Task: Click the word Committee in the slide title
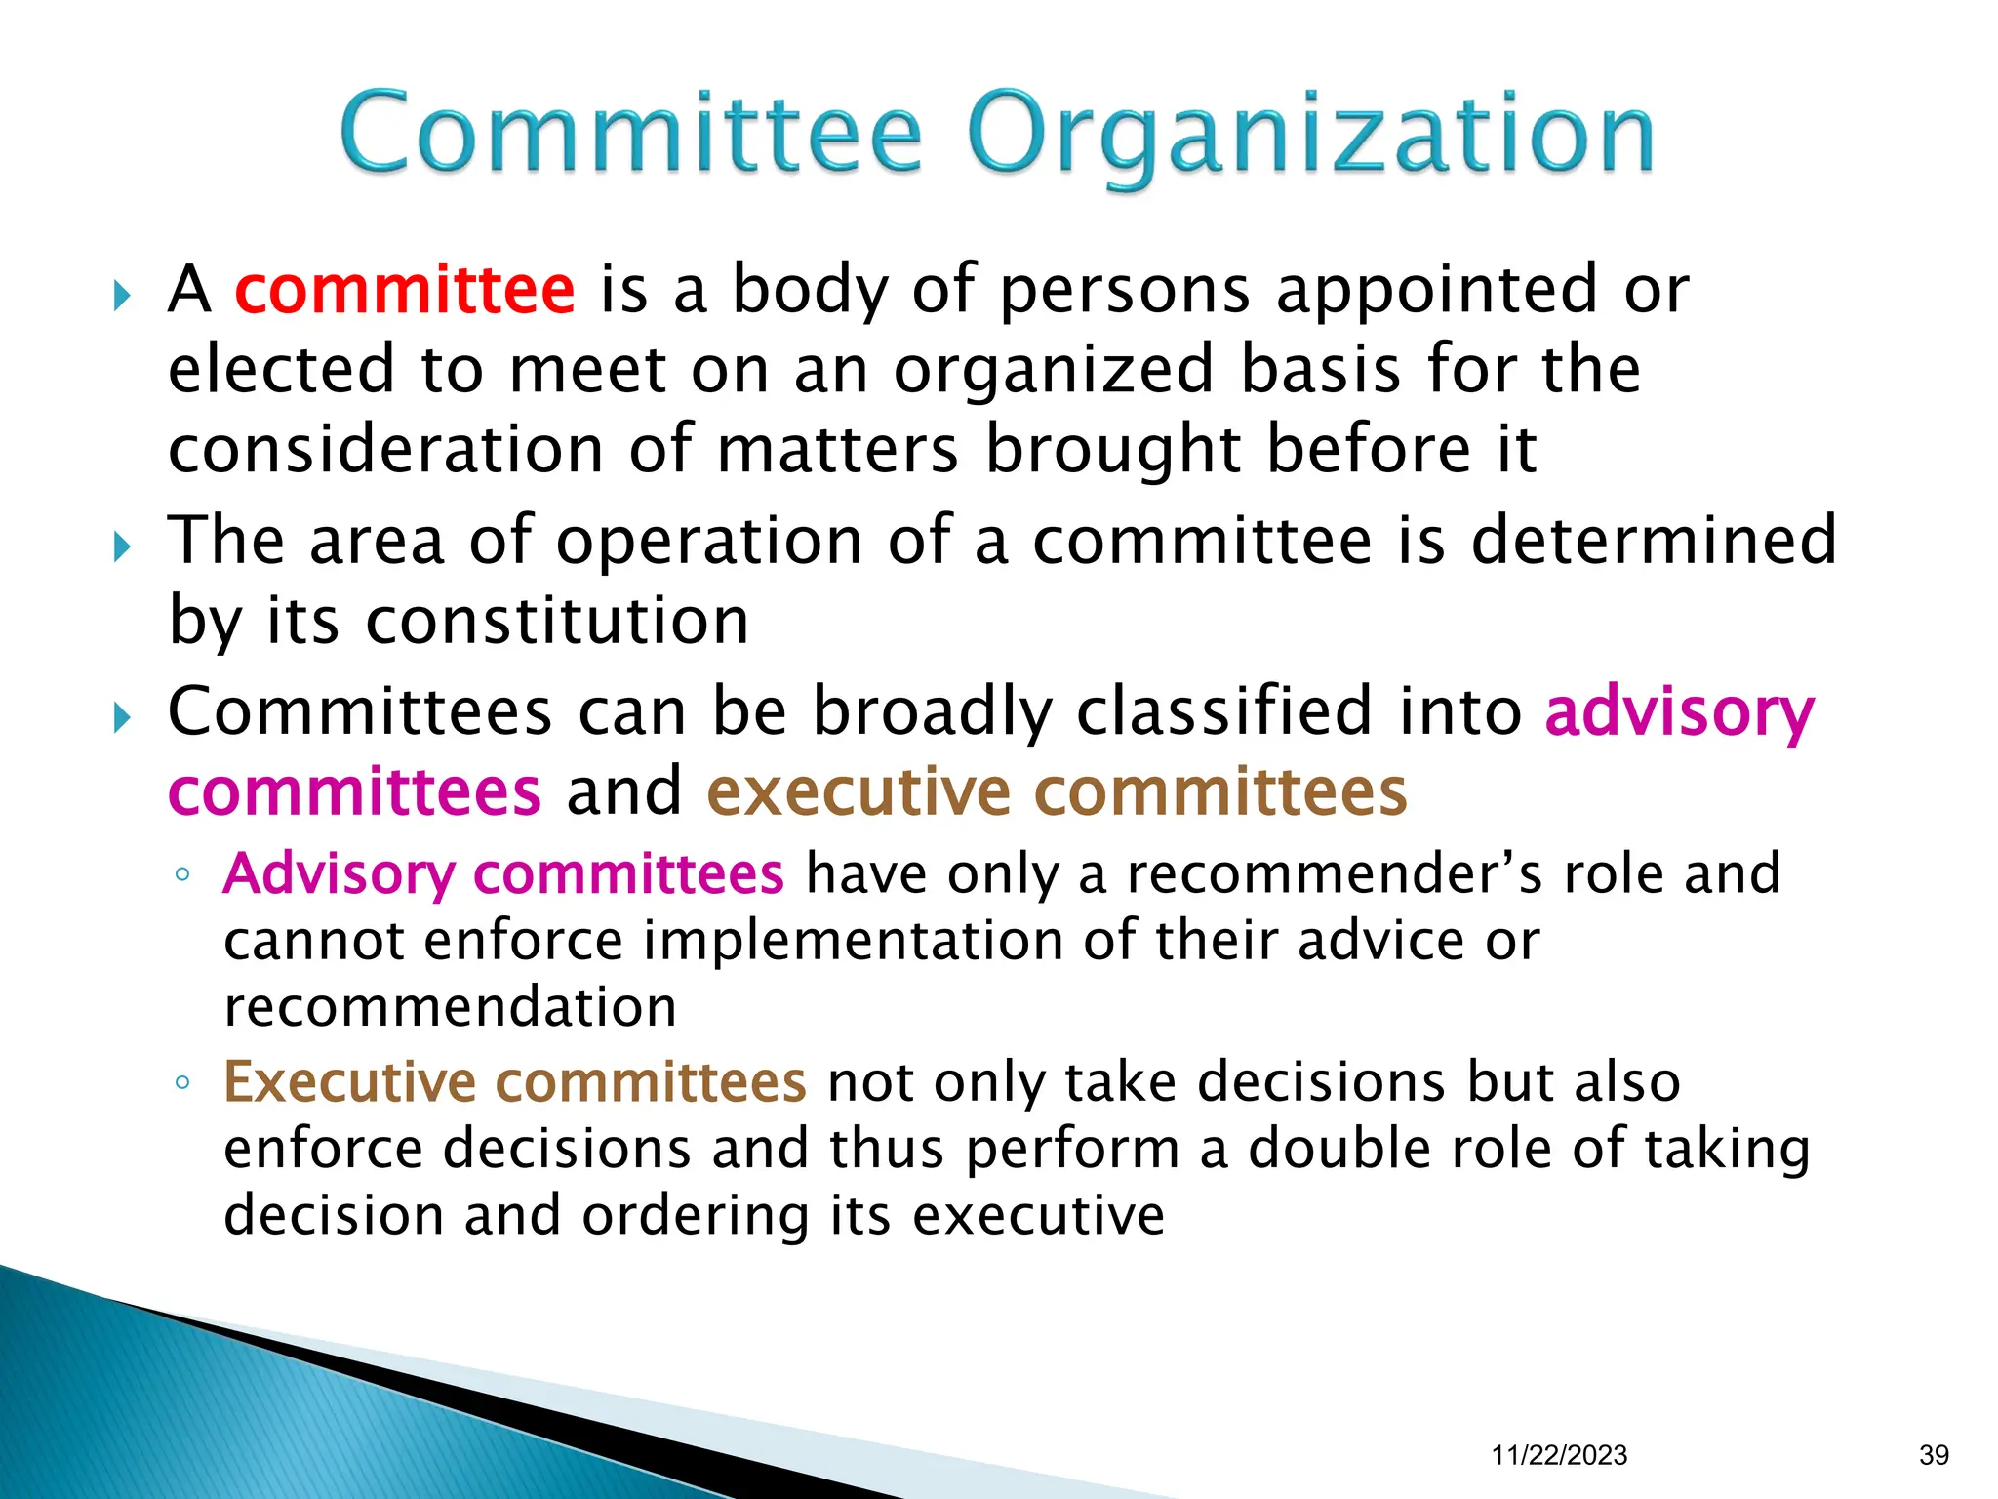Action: pyautogui.click(x=630, y=133)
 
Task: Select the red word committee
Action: pyautogui.click(x=405, y=290)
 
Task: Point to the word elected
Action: pyautogui.click(x=281, y=370)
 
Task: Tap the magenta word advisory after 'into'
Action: pyautogui.click(x=1679, y=712)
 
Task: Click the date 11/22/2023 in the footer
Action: pyautogui.click(x=1559, y=1455)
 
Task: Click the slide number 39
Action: pyautogui.click(x=1934, y=1455)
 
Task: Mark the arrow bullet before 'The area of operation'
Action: pyautogui.click(x=122, y=546)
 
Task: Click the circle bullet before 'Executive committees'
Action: pyautogui.click(x=182, y=1082)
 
